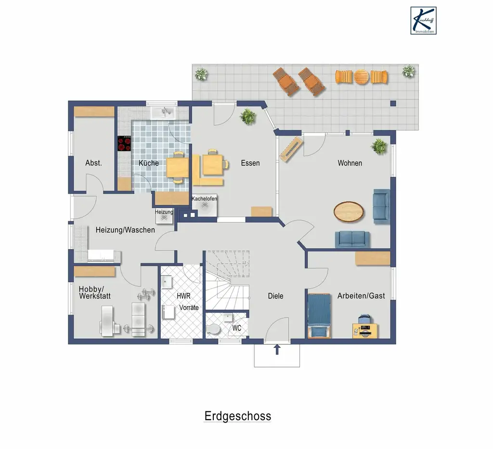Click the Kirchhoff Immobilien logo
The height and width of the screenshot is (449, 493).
click(423, 20)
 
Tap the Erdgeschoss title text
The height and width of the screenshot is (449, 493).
click(237, 416)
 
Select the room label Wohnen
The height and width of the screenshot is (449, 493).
click(350, 163)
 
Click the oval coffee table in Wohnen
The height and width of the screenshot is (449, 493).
click(349, 211)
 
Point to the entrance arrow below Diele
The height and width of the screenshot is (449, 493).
click(277, 349)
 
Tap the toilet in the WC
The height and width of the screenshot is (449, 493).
click(213, 330)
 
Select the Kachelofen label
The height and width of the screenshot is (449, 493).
click(204, 198)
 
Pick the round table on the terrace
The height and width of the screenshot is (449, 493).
click(362, 77)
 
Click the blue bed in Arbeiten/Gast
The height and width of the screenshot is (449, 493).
click(318, 315)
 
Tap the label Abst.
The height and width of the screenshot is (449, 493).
click(93, 163)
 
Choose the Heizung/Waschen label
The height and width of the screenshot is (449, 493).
click(125, 230)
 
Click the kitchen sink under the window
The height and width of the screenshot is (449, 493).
click(165, 113)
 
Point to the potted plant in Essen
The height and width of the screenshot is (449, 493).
click(248, 116)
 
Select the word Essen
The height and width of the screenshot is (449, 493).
click(250, 163)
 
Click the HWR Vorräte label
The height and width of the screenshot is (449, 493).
click(186, 302)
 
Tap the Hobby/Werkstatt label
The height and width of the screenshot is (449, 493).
click(95, 292)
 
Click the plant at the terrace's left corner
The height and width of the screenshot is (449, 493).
click(201, 74)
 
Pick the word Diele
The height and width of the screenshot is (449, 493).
click(275, 296)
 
